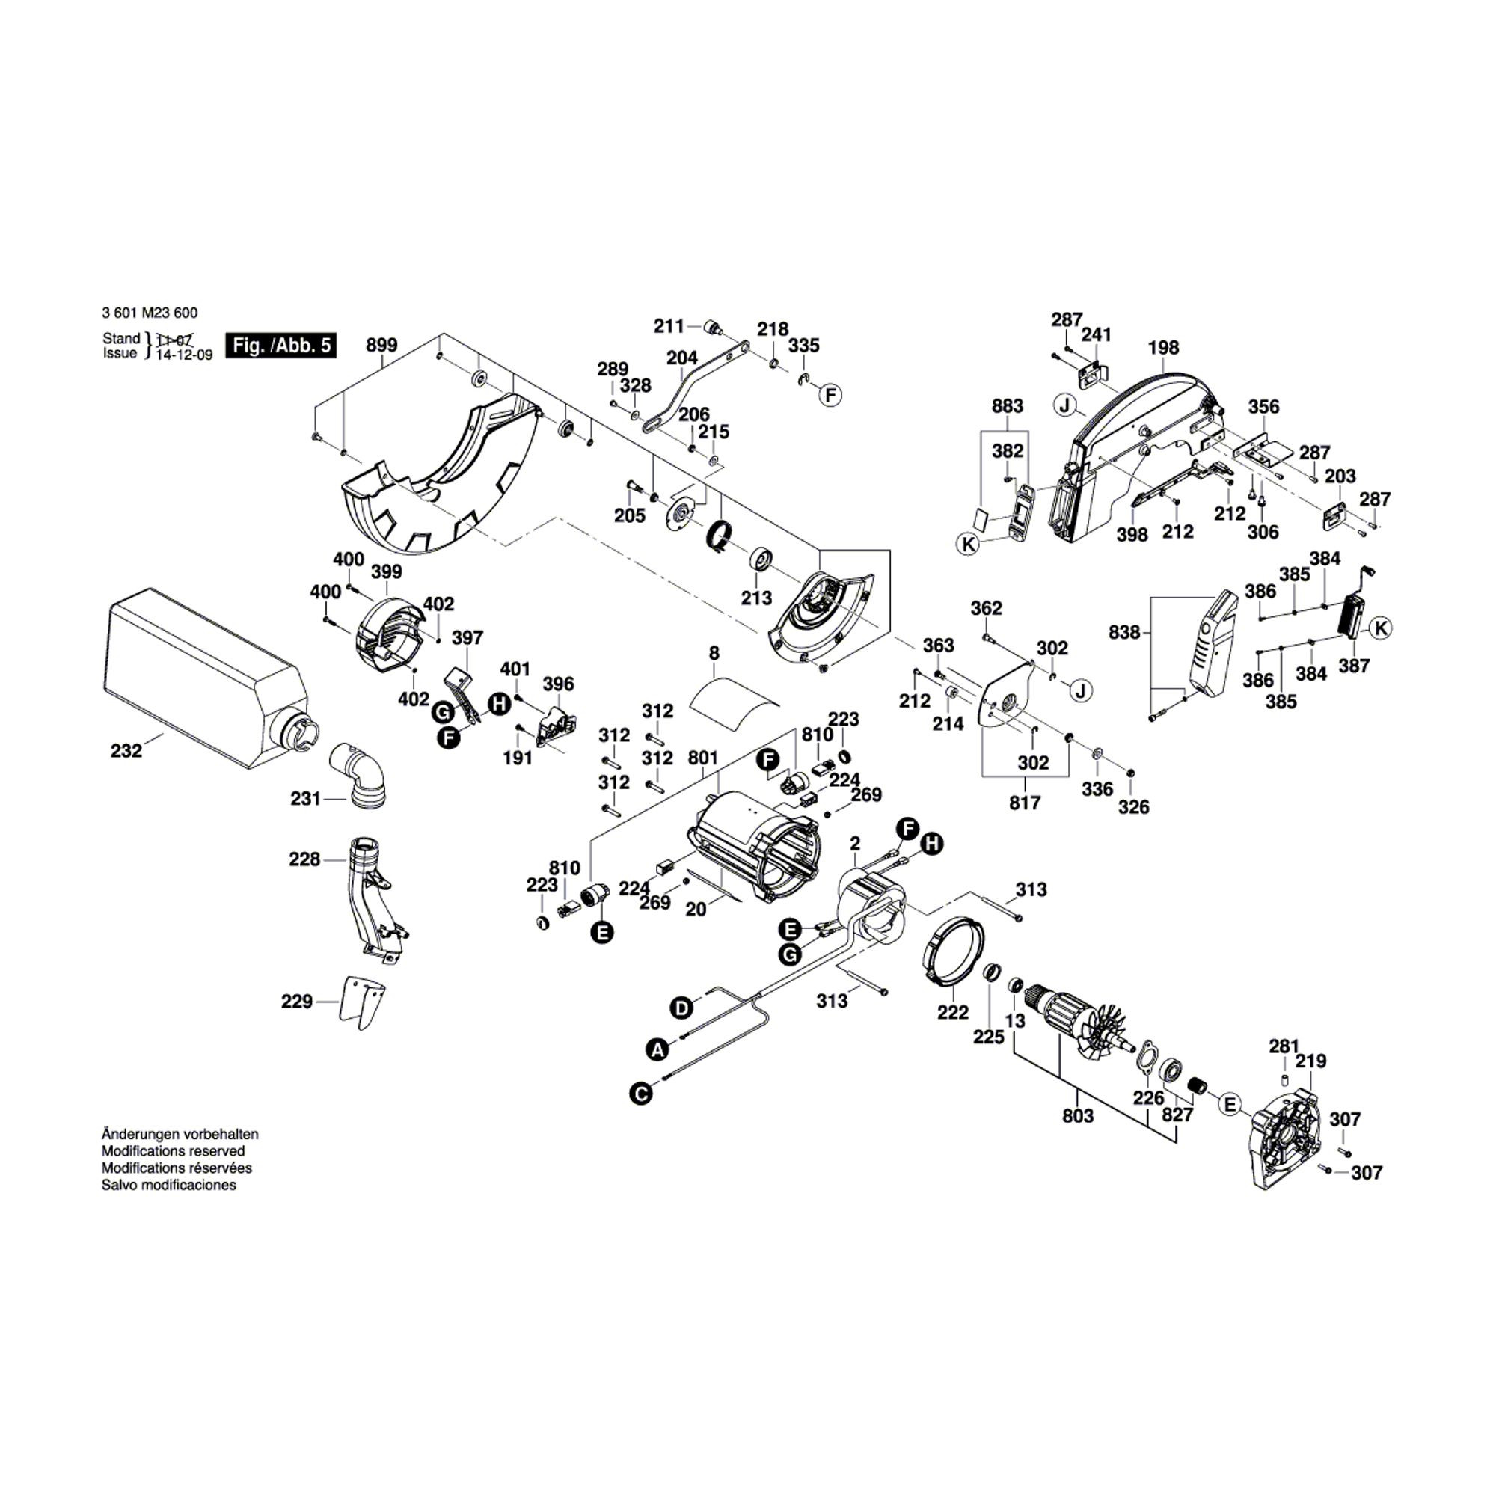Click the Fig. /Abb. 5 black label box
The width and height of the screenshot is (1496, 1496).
pos(281,346)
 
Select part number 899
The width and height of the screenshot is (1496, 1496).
pos(381,346)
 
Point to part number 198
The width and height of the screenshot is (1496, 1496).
pos(1163,348)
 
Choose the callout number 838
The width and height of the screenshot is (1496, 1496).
pos(1124,633)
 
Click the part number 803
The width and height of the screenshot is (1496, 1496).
pos(1078,1116)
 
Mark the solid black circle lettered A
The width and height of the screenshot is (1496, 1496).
pos(657,1050)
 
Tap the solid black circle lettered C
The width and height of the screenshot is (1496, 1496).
pos(640,1094)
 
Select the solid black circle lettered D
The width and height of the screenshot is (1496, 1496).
pos(681,1008)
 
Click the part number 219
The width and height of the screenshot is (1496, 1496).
pos(1310,1061)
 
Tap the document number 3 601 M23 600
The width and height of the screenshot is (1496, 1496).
pos(150,313)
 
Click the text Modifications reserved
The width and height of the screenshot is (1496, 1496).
pos(173,1151)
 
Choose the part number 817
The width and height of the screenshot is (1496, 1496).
pos(1025,803)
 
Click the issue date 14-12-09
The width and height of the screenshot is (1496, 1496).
pos(184,355)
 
